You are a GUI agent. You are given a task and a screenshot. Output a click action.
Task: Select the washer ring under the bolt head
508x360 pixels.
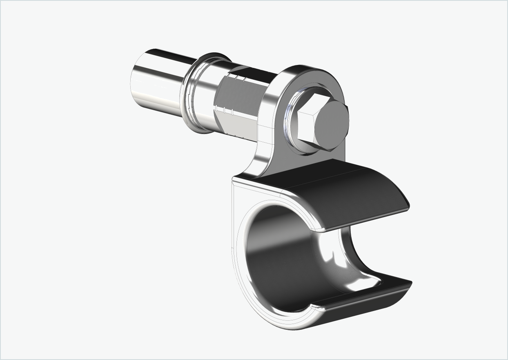pos(291,123)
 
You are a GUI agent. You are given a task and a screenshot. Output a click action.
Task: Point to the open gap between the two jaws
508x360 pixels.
pos(368,245)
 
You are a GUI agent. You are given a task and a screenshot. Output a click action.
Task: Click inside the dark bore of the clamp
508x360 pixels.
pos(282,262)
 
